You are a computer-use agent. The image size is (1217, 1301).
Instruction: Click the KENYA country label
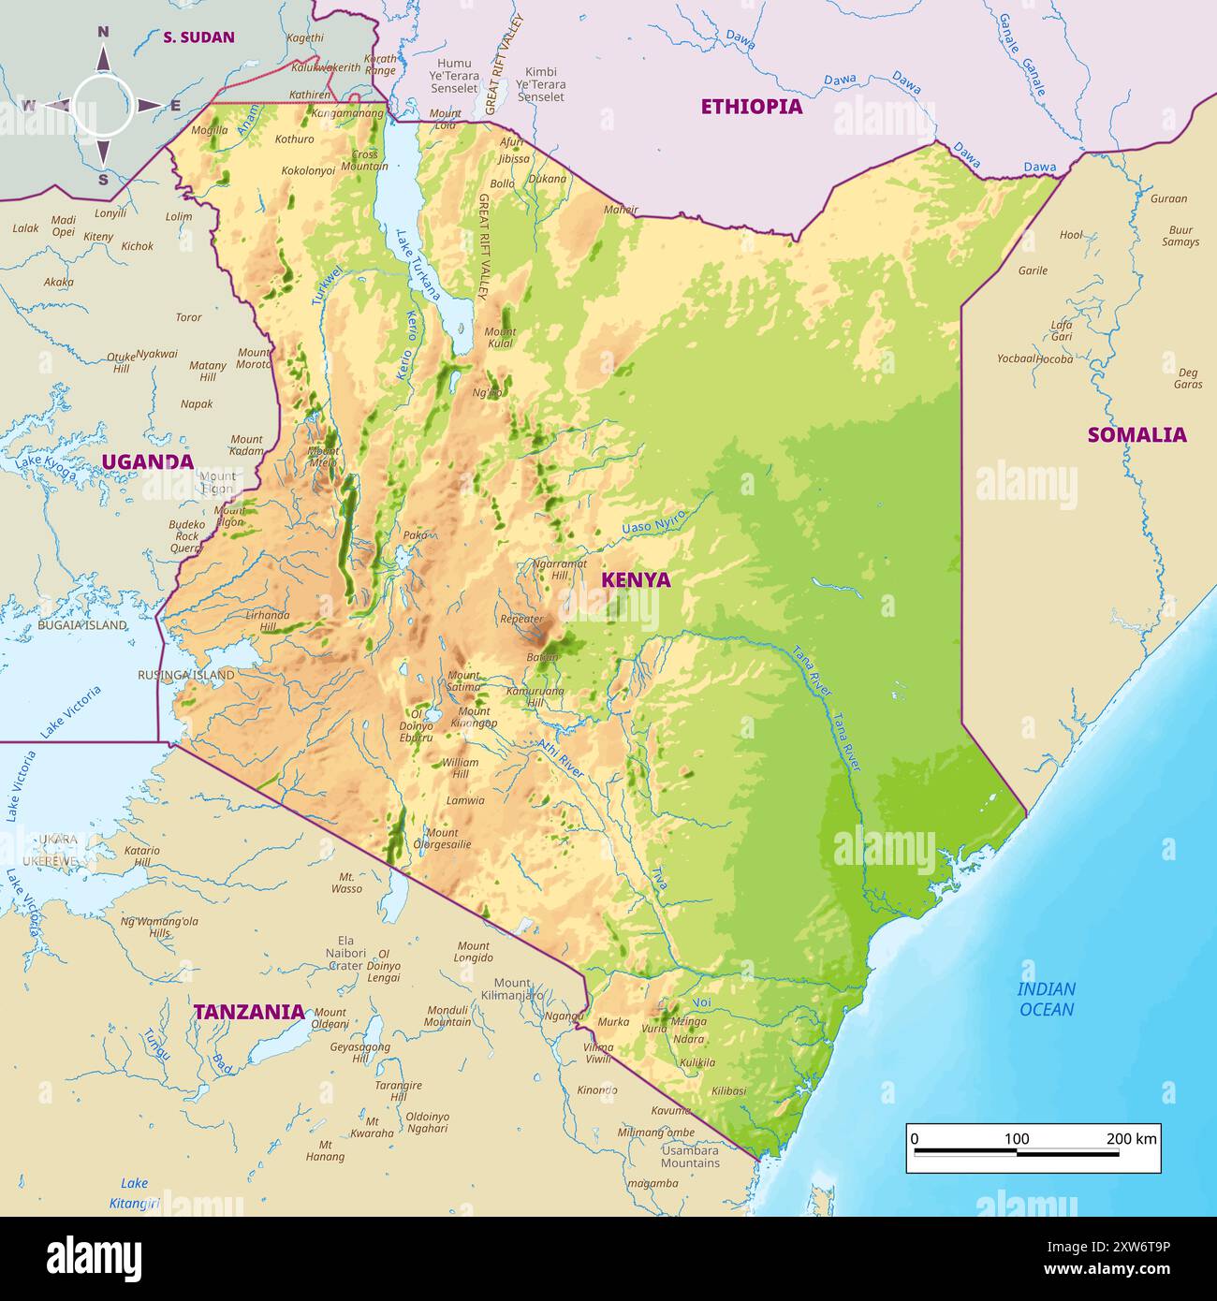[x=636, y=579]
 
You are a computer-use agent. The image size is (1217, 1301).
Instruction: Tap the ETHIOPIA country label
[x=752, y=107]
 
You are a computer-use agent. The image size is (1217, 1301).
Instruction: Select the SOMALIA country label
[x=1136, y=434]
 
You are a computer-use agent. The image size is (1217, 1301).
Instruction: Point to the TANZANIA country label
[x=249, y=1012]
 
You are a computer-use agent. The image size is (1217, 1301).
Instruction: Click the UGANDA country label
[x=147, y=461]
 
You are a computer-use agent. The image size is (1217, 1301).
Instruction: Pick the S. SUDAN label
[x=198, y=37]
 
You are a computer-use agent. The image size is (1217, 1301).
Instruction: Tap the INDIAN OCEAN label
[x=1047, y=1000]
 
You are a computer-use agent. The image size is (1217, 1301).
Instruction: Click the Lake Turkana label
[x=418, y=265]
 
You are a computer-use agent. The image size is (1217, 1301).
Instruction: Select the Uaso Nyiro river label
[x=653, y=522]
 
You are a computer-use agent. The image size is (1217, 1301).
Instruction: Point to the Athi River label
[x=561, y=759]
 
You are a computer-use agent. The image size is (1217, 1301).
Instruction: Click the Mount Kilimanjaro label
[x=512, y=989]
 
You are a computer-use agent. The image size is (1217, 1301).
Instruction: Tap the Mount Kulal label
[x=500, y=338]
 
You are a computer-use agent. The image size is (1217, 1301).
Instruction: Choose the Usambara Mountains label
[x=690, y=1157]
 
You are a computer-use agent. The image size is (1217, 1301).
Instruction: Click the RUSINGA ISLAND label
[x=185, y=675]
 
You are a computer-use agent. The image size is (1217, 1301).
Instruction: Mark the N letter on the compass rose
[x=104, y=32]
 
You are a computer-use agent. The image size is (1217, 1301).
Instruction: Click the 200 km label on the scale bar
[x=1131, y=1139]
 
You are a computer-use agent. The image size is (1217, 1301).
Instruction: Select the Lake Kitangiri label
[x=135, y=1193]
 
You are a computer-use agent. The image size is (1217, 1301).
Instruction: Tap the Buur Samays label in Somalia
[x=1180, y=236]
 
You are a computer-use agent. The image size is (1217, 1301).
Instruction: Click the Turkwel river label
[x=327, y=285]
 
